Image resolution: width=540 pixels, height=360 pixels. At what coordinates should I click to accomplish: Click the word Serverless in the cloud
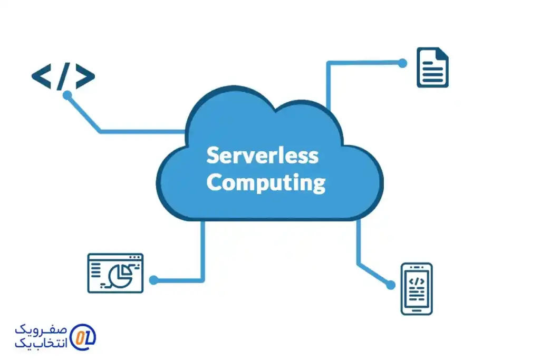click(262, 156)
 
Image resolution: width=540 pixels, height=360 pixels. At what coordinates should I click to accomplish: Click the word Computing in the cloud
click(266, 183)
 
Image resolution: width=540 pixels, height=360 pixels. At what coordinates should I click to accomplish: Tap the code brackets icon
click(63, 77)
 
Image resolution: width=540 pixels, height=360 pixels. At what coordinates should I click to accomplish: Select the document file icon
click(432, 67)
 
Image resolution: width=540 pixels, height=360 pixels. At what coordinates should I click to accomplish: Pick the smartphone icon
click(416, 288)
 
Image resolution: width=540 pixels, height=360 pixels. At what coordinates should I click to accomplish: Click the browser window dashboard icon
click(115, 273)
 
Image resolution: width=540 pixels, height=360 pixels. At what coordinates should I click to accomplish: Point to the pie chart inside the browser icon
click(120, 274)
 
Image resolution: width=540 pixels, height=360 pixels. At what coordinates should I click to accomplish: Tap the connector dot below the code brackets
click(67, 95)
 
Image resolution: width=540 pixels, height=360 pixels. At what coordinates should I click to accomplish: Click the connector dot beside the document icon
click(402, 63)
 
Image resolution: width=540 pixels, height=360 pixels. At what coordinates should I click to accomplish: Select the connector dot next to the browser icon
click(153, 280)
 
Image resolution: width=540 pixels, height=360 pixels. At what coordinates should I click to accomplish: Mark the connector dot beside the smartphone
click(390, 285)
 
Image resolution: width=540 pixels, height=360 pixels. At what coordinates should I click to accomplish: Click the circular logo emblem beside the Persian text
click(83, 336)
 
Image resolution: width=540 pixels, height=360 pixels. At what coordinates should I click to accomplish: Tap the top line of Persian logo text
click(42, 330)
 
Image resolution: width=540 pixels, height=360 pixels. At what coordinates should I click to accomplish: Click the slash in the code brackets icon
click(63, 77)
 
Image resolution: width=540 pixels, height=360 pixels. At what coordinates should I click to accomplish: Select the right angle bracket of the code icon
click(84, 77)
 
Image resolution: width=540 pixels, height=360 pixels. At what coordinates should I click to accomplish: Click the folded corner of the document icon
click(442, 53)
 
